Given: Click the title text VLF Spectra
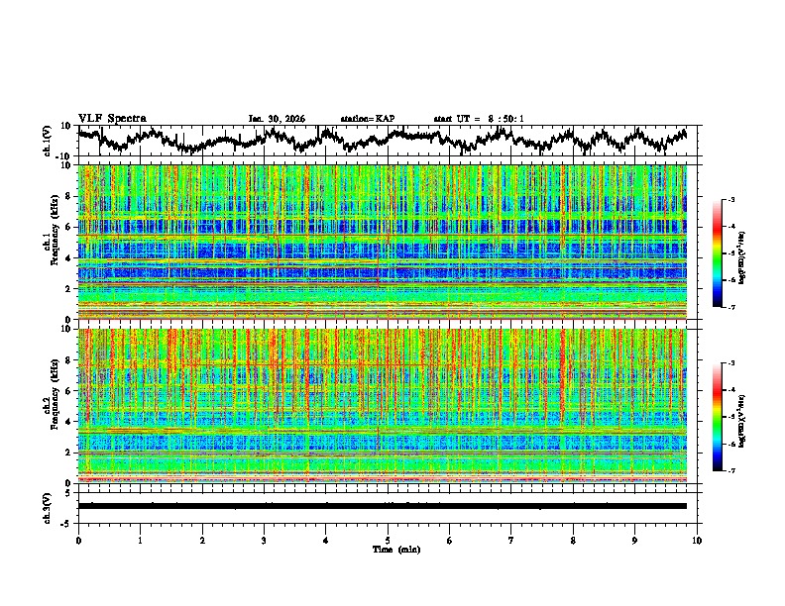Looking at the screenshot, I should pos(112,118).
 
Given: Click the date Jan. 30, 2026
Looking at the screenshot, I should pos(277,119).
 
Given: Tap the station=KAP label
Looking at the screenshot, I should pos(367,119).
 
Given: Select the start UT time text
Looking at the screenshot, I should pos(479,119).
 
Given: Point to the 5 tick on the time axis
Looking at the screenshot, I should pos(388,540).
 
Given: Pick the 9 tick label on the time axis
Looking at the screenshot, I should pos(635,540).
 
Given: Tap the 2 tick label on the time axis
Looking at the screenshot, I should pos(202,540).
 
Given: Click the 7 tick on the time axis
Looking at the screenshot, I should pos(511,540).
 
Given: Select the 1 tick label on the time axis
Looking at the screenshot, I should pos(140,540).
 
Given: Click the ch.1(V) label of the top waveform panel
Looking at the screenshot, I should pos(48,141).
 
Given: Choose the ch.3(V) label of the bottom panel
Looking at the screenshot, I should pos(48,506).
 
